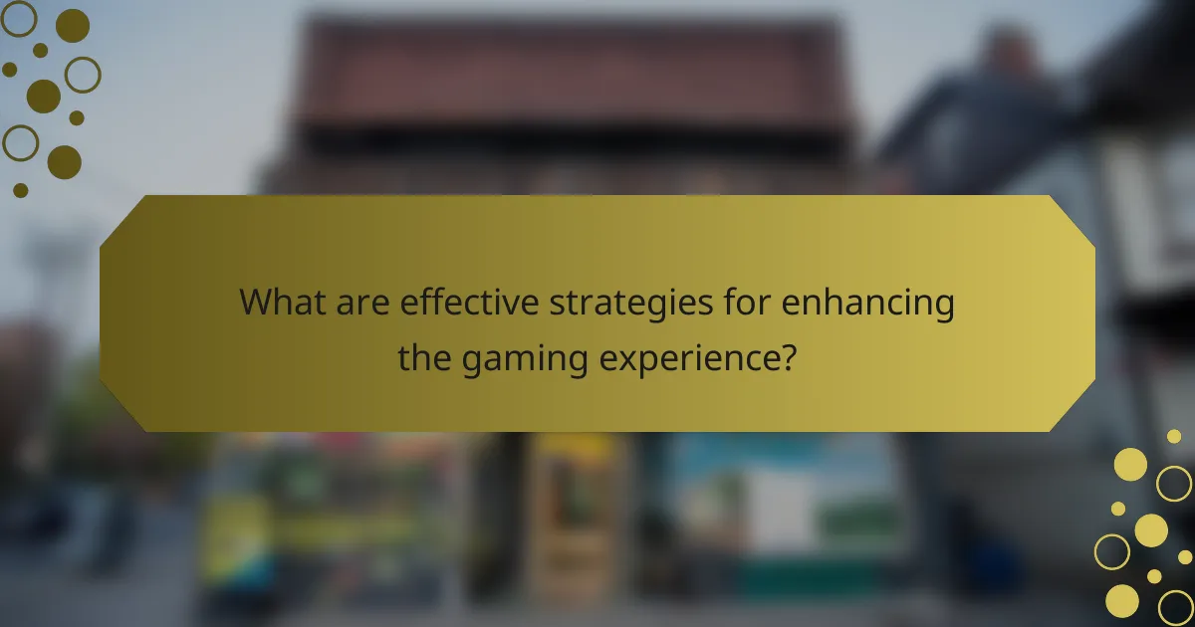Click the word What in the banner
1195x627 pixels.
280,302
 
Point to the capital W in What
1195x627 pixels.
257,302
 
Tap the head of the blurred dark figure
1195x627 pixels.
1006,50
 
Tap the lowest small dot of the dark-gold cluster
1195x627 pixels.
21,189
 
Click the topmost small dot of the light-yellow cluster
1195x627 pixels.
1174,436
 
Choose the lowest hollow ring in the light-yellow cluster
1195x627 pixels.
1176,607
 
